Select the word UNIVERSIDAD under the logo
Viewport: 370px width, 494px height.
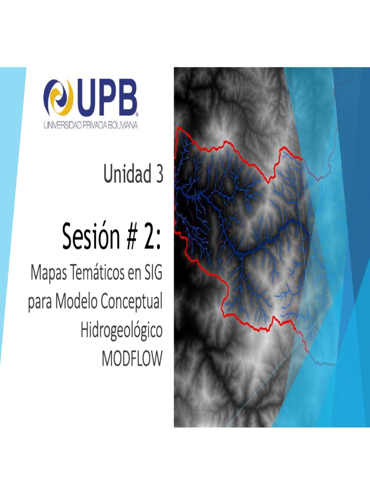pyautogui.click(x=63, y=125)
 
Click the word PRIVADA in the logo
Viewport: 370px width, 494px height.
pyautogui.click(x=92, y=125)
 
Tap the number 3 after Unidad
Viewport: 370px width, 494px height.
pyautogui.click(x=158, y=175)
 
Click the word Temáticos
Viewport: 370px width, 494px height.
pyautogui.click(x=98, y=275)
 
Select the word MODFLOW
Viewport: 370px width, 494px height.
pyautogui.click(x=132, y=359)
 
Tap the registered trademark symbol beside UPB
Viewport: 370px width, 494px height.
pyautogui.click(x=138, y=115)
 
